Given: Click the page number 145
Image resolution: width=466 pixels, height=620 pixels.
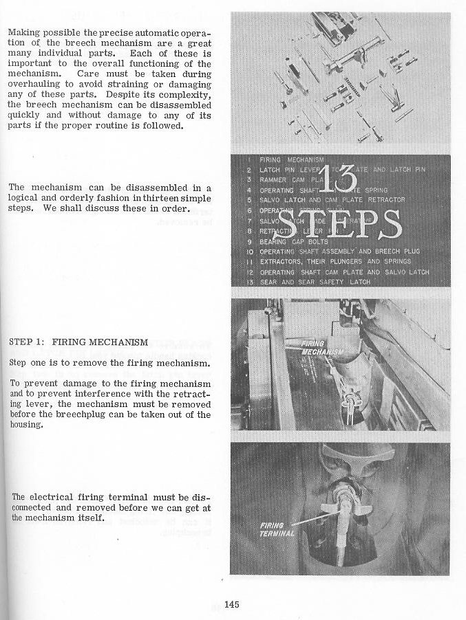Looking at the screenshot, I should pos(231,605).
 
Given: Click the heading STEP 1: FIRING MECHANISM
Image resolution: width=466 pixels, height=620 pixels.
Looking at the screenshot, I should pos(78,342).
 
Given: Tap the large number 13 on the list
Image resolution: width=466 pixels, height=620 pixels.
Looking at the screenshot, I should pos(338,180).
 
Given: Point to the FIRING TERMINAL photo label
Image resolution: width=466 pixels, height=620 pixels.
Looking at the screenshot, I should pos(278,529).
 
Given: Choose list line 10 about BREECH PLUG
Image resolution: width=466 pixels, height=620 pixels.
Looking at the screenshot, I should pos(339,252).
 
